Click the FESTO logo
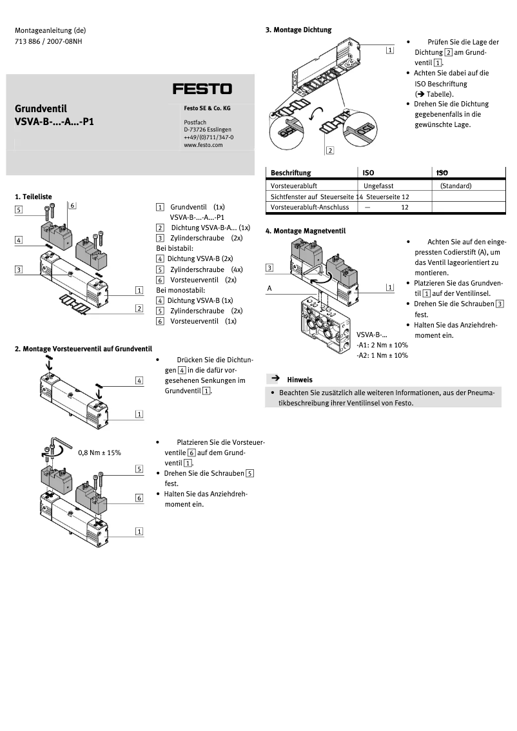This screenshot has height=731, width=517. (202, 88)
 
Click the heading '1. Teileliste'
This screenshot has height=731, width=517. (33, 196)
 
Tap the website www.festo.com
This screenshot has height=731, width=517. (202, 145)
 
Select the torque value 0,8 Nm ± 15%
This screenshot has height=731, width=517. (99, 453)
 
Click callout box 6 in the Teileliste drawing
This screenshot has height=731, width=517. (72, 206)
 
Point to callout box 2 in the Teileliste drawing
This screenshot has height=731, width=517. (139, 309)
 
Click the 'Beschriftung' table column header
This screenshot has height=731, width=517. (291, 173)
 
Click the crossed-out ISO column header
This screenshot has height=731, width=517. (442, 173)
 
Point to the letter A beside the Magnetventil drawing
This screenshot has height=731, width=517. (270, 289)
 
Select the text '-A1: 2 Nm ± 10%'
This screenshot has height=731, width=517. (382, 345)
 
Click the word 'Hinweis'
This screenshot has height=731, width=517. (300, 380)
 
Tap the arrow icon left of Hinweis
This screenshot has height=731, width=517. (274, 379)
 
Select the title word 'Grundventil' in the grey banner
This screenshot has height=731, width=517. (41, 108)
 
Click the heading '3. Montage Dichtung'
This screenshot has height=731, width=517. (298, 30)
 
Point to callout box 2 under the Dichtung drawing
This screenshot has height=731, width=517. (329, 151)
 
